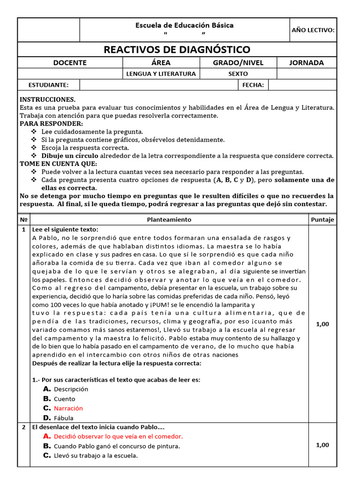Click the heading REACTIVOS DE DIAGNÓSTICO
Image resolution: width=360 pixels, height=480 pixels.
tap(177, 50)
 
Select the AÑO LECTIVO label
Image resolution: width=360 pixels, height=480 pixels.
tap(313, 30)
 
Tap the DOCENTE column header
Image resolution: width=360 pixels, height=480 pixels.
tap(70, 63)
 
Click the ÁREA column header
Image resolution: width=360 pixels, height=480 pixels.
tap(161, 63)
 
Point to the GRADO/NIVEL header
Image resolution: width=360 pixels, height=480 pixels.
tap(238, 63)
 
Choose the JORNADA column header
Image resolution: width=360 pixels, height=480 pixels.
tap(307, 63)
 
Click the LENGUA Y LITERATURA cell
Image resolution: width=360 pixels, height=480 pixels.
tap(161, 74)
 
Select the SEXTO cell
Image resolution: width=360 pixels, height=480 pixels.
tap(238, 74)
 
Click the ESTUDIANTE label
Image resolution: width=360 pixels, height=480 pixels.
tap(49, 85)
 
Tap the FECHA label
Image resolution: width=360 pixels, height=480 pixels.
tap(253, 85)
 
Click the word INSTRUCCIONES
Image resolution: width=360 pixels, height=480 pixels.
tap(47, 100)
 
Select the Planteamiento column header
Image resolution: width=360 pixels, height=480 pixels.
tap(169, 219)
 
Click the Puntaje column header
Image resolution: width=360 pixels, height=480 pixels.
tap(322, 219)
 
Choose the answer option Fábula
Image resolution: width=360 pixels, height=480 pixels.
tap(64, 418)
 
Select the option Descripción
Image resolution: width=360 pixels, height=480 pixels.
tap(71, 389)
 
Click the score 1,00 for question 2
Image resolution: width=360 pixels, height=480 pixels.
tap(322, 445)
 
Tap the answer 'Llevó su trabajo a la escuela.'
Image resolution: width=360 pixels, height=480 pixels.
tap(96, 456)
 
